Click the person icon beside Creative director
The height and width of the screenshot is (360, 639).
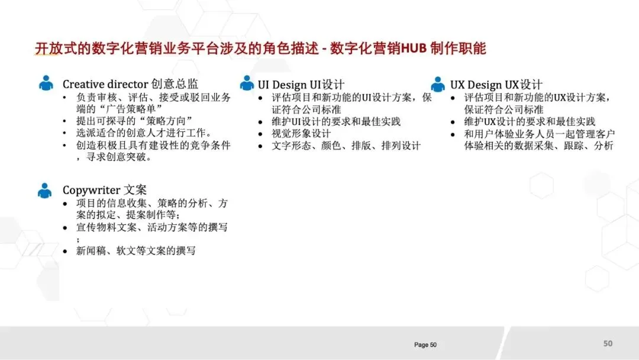[x=46, y=83]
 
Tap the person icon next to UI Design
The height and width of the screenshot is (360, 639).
[x=247, y=83]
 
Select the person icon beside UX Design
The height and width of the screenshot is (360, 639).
[x=438, y=85]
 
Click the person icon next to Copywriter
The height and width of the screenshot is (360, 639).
[x=45, y=190]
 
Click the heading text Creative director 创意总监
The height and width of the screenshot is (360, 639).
[x=130, y=84]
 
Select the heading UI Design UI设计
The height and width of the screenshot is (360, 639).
[x=301, y=85]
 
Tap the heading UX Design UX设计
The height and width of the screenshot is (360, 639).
[x=496, y=85]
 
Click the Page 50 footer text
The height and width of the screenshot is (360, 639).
[x=425, y=345]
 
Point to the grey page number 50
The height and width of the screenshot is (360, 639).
[x=608, y=343]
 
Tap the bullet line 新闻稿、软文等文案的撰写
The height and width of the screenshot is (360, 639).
[x=136, y=251]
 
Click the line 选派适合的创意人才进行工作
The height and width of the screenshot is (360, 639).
[x=144, y=133]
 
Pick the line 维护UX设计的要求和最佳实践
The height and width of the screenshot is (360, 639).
[x=530, y=121]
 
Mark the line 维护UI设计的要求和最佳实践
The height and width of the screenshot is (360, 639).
[x=336, y=121]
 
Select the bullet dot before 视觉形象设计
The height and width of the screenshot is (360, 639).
[x=261, y=134]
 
